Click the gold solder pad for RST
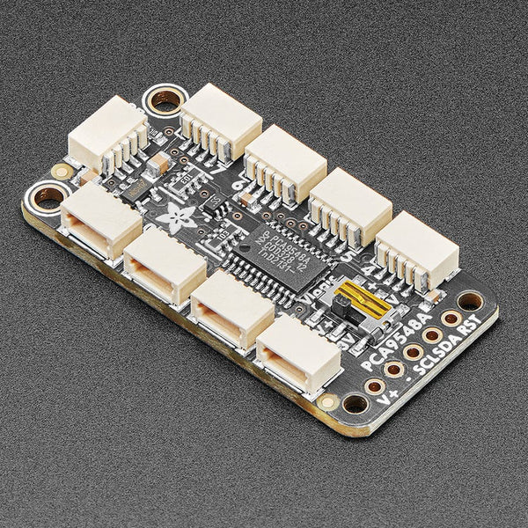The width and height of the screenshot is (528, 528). (x=451, y=319)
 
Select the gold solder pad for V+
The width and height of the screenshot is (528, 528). (x=374, y=385)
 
